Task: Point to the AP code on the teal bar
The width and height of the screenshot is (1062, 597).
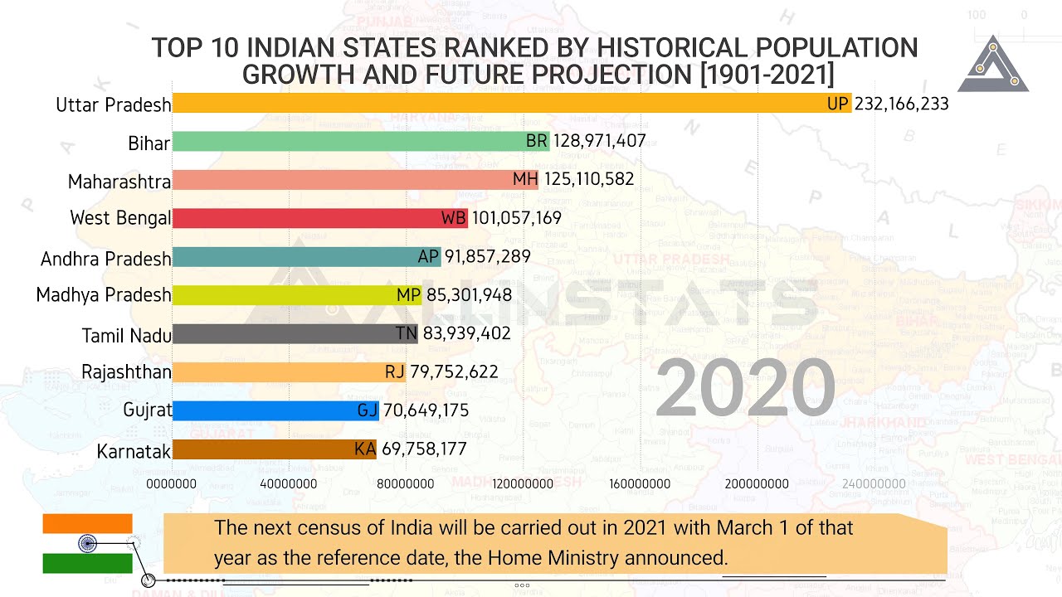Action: [x=428, y=257]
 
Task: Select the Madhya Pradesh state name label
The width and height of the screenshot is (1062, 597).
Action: [x=104, y=295]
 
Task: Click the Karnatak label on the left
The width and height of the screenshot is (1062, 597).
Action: [x=134, y=451]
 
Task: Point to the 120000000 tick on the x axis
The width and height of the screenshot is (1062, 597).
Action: [x=524, y=483]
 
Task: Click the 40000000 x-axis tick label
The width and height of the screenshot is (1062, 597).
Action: [x=289, y=483]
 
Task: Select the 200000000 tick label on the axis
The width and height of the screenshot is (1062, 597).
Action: [x=758, y=483]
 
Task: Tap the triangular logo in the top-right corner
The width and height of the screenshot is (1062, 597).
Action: [x=993, y=66]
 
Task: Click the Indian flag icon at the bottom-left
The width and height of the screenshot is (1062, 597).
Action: [x=88, y=543]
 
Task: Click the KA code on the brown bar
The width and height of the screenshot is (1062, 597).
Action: [x=365, y=449]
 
